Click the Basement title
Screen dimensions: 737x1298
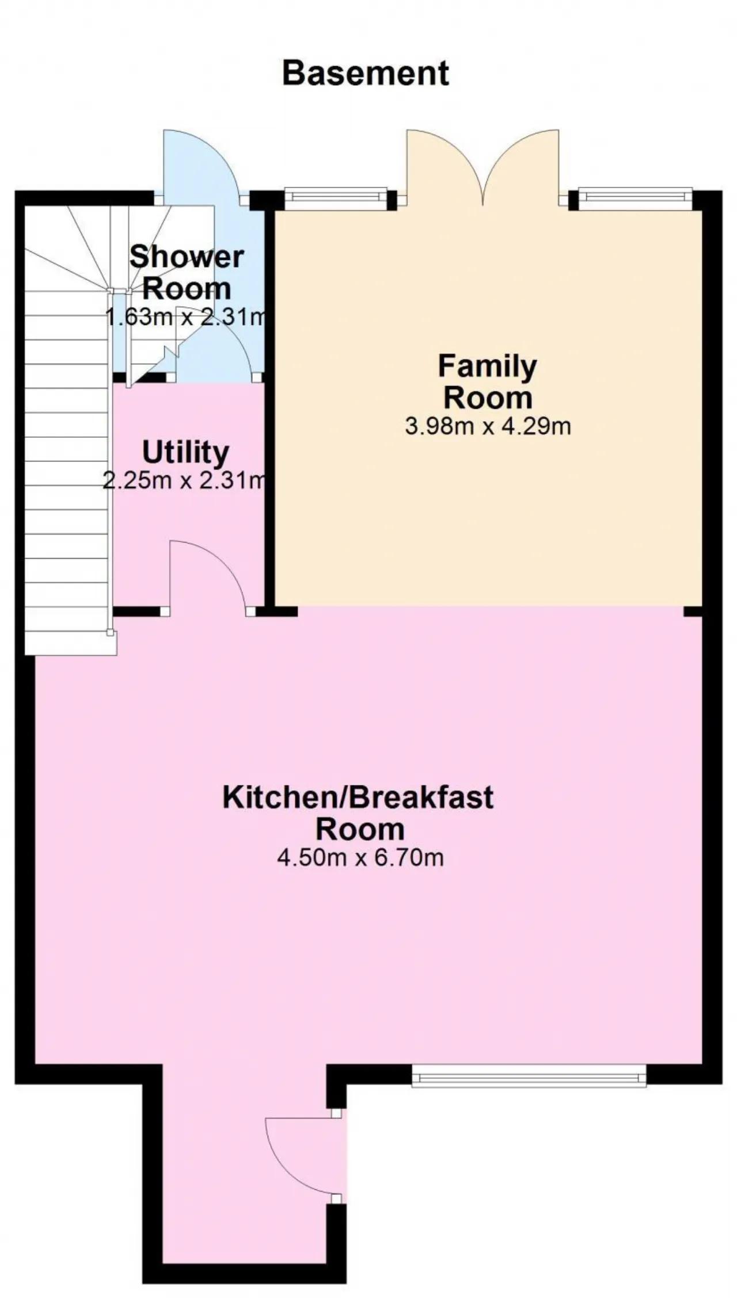[x=366, y=74]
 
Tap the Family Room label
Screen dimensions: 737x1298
[x=488, y=382]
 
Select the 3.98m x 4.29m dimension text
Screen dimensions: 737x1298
[x=488, y=427]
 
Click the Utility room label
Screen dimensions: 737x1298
[x=185, y=453]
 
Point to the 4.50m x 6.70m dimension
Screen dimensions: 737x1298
[x=360, y=858]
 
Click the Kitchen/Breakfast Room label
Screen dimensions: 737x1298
[x=358, y=813]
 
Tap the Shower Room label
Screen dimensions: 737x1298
[x=187, y=272]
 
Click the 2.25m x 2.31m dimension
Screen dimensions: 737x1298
[x=184, y=480]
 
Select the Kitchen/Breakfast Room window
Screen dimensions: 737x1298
[x=529, y=1075]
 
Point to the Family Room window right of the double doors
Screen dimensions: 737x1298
[x=636, y=198]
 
